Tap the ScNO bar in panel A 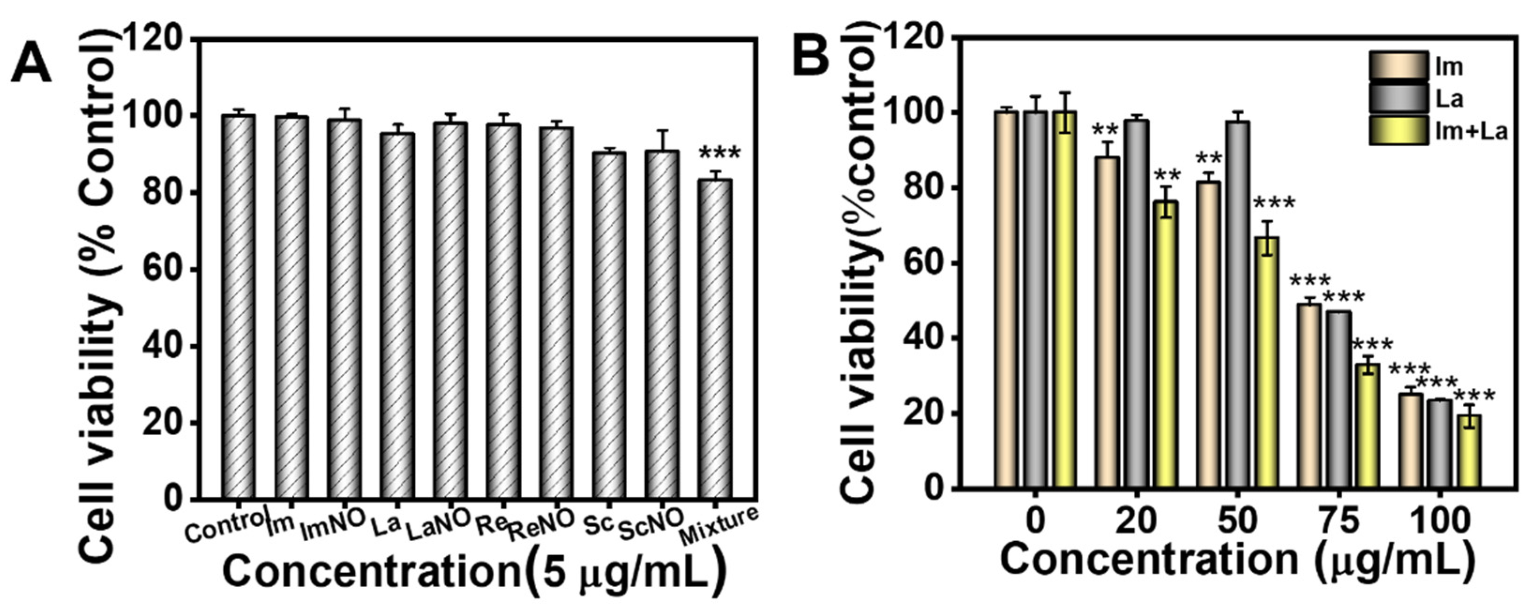tap(662, 325)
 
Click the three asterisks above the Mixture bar tap(719, 154)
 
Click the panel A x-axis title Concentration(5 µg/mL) tap(473, 572)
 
